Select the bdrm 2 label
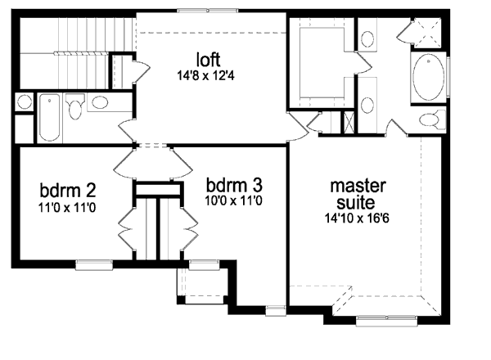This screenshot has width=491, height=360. pos(68,191)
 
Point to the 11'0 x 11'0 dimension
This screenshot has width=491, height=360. pos(68,208)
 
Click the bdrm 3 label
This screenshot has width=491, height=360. pos(234,183)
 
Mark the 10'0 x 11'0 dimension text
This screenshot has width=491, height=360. pos(234,199)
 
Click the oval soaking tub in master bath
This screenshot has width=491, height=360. pos(430,78)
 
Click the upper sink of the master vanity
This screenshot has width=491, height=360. pos(367,38)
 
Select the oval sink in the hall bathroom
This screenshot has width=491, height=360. pos(101,102)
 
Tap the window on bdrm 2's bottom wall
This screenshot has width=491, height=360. pos(88,263)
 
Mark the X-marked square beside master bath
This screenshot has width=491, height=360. pos(349,123)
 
